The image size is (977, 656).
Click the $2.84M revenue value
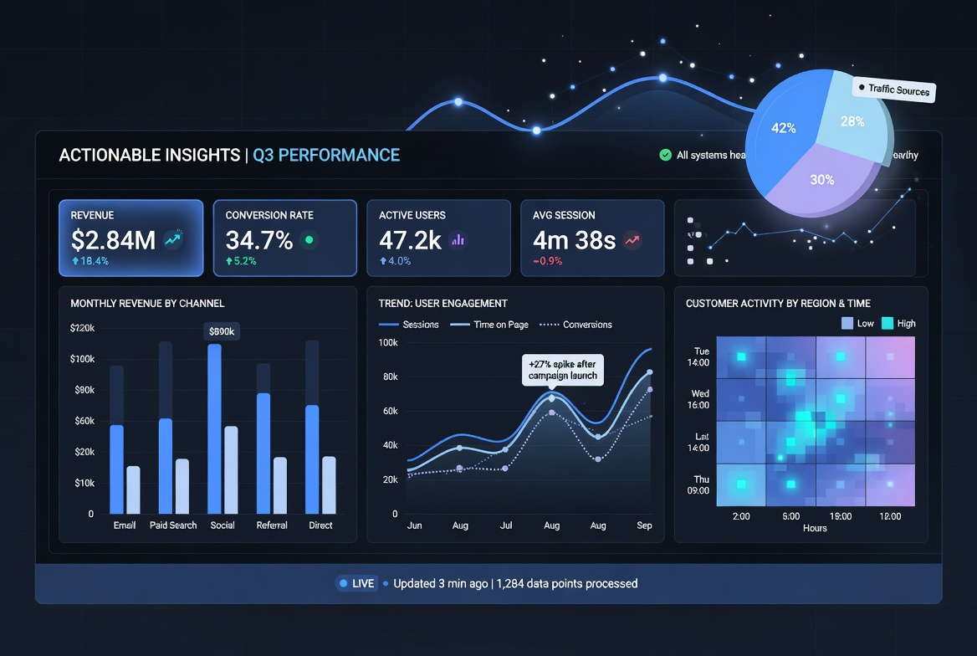point(113,241)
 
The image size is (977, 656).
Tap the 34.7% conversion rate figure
point(259,241)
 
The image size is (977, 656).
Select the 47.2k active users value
point(410,241)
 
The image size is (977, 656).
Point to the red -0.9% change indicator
point(548,261)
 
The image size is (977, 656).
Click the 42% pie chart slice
point(783,129)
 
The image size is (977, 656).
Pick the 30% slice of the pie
point(822,179)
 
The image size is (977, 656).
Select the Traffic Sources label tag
point(893,90)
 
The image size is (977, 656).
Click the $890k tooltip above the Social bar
point(221,332)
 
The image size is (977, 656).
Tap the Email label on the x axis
point(125,525)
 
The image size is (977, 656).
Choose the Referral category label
point(272,525)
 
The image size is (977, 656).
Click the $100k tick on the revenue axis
point(82,359)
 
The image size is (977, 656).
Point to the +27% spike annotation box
point(563,370)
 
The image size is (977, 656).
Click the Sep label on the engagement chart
point(644,525)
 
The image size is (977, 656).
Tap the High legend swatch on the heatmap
point(887,324)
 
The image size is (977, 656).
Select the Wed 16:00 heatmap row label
point(699,399)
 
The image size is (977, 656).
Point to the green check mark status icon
point(665,155)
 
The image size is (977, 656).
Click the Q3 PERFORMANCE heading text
point(326,155)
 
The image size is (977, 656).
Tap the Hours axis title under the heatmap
point(814,528)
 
